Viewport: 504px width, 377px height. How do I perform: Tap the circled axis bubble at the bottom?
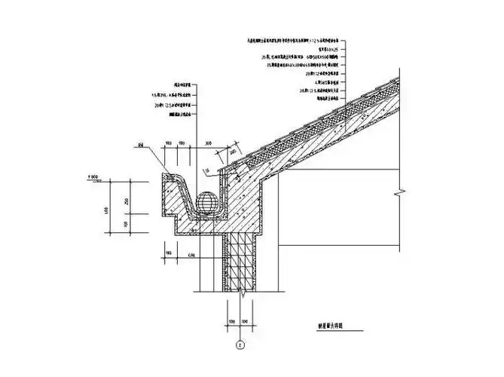click(240, 345)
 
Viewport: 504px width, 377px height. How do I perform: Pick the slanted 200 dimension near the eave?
click(232, 155)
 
